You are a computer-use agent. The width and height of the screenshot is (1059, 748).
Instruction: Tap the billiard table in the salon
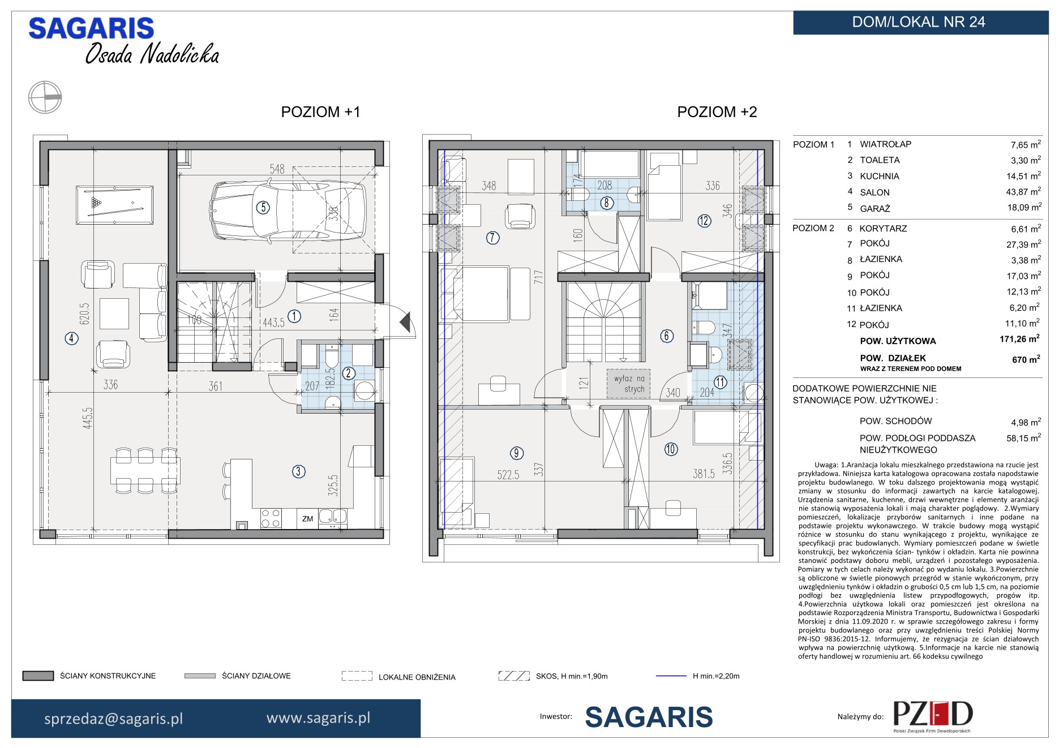(114, 205)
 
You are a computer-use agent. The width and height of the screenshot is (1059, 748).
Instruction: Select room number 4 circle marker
(71, 339)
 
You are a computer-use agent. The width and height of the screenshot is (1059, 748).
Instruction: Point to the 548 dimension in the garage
(277, 169)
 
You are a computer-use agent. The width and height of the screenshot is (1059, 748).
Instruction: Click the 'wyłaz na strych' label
(629, 384)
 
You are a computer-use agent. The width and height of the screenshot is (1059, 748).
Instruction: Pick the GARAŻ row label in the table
(875, 208)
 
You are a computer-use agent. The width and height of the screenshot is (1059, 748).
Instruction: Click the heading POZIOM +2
(717, 112)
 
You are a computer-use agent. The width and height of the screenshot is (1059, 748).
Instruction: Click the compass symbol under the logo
(45, 97)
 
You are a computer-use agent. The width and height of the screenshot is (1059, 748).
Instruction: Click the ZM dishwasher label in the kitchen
(308, 518)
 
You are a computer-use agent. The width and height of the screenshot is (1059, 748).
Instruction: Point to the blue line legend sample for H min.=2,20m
(671, 676)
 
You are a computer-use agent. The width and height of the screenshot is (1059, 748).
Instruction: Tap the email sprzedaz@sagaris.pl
(114, 719)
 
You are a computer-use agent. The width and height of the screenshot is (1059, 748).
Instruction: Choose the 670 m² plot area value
(1026, 359)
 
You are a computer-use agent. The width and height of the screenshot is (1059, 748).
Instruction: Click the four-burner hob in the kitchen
(271, 518)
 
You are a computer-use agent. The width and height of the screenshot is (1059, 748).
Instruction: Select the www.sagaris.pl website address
(318, 718)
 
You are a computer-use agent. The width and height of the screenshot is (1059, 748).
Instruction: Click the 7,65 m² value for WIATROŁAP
(1026, 144)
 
